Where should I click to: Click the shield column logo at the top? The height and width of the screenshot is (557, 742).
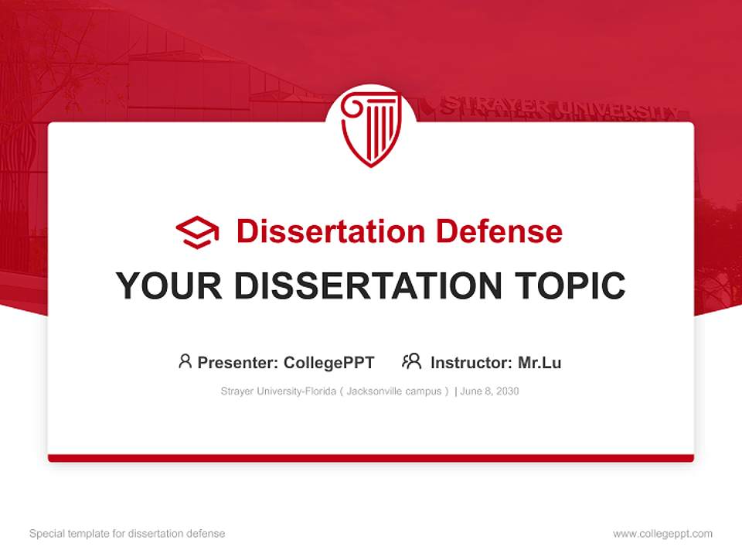371,128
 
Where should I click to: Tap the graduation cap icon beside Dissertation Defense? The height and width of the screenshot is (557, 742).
197,232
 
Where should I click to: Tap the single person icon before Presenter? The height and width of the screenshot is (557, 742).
185,361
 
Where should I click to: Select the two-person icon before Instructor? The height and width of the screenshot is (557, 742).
411,361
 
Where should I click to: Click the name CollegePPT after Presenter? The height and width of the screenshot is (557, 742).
328,362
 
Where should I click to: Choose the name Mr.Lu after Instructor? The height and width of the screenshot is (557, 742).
539,362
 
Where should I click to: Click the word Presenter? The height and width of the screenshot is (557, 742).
238,362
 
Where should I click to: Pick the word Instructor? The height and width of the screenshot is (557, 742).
471,362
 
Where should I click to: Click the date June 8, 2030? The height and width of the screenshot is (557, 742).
489,391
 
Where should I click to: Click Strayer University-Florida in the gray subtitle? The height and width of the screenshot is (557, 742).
278,391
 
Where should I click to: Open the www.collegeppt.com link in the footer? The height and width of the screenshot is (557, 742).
662,534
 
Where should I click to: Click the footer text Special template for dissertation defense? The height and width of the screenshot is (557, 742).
128,534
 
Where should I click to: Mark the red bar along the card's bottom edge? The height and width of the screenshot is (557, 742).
371,458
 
